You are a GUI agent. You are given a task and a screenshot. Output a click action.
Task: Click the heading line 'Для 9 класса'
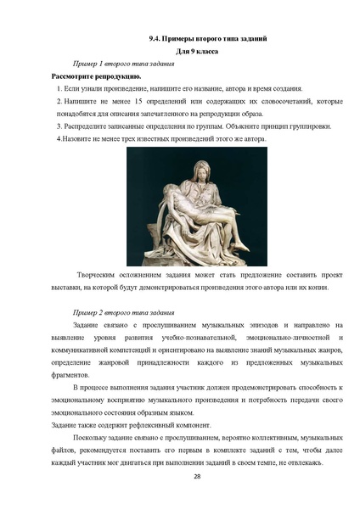[179, 52]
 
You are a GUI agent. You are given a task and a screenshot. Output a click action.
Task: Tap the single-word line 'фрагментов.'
[70, 373]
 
